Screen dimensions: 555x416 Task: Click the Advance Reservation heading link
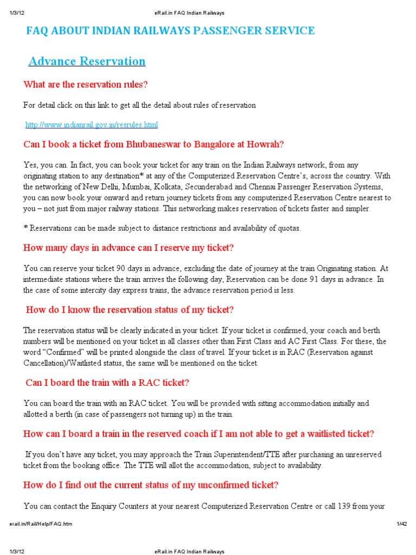click(87, 61)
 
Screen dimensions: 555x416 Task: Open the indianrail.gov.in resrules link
click(92, 125)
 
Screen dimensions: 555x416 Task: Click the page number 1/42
click(401, 524)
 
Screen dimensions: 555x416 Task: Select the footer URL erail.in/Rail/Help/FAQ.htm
click(41, 524)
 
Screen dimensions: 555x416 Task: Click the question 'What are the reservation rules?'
click(86, 85)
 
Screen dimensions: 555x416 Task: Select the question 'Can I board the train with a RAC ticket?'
click(107, 383)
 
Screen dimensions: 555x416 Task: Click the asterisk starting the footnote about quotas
click(25, 228)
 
